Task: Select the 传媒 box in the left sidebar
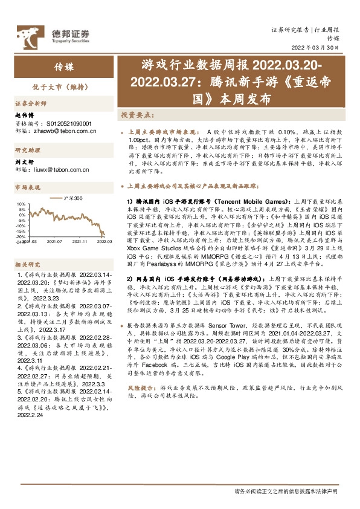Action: pyautogui.click(x=63, y=66)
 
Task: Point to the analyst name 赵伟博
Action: pyautogui.click(x=23, y=115)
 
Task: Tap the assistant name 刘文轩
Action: pyautogui.click(x=23, y=161)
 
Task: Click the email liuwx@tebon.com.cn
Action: pyautogui.click(x=61, y=170)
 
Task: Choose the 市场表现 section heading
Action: pyautogui.click(x=27, y=187)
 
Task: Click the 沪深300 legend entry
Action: pyautogui.click(x=70, y=198)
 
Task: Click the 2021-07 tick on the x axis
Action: pyautogui.click(x=55, y=241)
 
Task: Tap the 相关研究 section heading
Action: pyautogui.click(x=27, y=264)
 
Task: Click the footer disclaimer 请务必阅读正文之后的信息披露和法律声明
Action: pyautogui.click(x=286, y=491)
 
